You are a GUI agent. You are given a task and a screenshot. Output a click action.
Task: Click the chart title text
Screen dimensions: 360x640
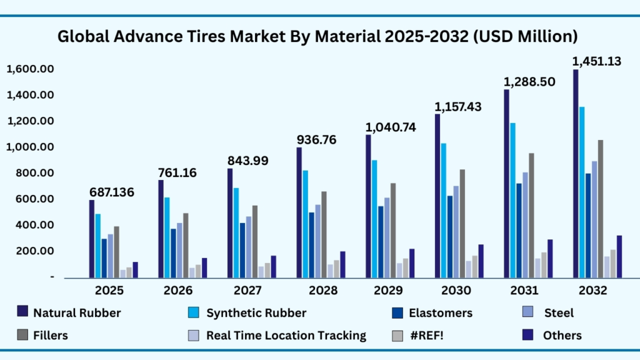pos(317,37)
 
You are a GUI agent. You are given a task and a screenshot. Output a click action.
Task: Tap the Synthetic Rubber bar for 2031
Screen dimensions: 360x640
pos(512,200)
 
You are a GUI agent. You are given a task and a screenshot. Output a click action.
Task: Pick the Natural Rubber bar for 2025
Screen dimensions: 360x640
pos(92,238)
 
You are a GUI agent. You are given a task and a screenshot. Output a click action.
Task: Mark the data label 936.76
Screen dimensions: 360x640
pos(316,139)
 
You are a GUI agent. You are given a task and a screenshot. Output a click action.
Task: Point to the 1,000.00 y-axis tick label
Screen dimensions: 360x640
pos(30,147)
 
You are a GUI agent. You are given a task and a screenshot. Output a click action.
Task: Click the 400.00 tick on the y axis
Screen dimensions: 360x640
pos(35,225)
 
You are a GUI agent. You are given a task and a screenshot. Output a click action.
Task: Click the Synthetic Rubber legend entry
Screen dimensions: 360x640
pos(256,312)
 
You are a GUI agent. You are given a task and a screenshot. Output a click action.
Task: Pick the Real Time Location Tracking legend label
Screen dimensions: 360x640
pos(286,336)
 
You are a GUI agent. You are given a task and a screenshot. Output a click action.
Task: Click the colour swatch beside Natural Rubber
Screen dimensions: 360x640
pos(23,312)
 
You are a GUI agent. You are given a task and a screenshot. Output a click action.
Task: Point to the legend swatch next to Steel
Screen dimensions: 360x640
pos(527,312)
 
